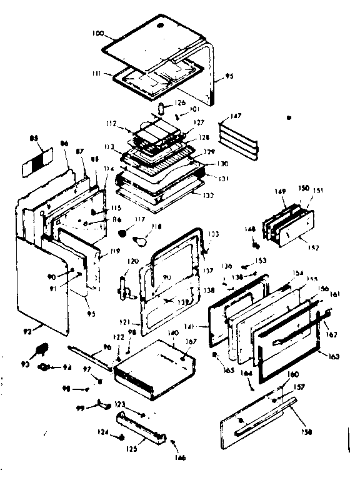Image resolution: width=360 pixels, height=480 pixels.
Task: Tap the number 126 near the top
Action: [180, 103]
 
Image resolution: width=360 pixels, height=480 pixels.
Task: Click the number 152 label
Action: [313, 247]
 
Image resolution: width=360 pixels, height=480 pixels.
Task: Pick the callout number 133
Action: [214, 234]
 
